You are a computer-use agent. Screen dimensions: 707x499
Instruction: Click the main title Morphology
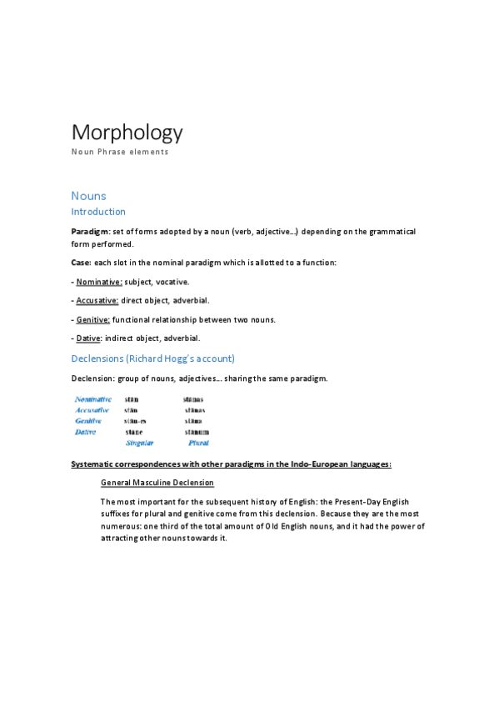coord(127,133)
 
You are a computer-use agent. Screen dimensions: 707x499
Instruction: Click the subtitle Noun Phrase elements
coord(120,153)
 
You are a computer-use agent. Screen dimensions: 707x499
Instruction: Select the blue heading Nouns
coord(88,196)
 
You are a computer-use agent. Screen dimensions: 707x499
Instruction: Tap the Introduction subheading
coord(98,213)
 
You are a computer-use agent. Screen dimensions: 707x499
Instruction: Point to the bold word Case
coord(82,263)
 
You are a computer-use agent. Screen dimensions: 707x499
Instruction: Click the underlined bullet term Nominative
coord(99,282)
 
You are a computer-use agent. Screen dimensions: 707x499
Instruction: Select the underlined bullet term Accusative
coord(97,300)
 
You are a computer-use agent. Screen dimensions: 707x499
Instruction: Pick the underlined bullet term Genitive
coord(93,319)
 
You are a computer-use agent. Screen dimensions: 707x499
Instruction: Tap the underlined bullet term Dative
coord(88,338)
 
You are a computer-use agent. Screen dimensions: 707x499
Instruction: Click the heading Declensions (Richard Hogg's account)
coord(153,359)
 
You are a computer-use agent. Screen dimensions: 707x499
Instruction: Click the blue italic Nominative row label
coord(93,399)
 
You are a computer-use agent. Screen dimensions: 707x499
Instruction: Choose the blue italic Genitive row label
coord(88,421)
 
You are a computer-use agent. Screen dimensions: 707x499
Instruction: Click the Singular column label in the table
coord(140,444)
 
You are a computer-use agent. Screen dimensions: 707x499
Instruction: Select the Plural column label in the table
coord(198,444)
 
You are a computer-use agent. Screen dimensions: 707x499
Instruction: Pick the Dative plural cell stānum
coord(197,432)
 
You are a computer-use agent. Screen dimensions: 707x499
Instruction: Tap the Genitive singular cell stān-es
coord(135,421)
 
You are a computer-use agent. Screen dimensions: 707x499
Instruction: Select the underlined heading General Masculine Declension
coord(157,483)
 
